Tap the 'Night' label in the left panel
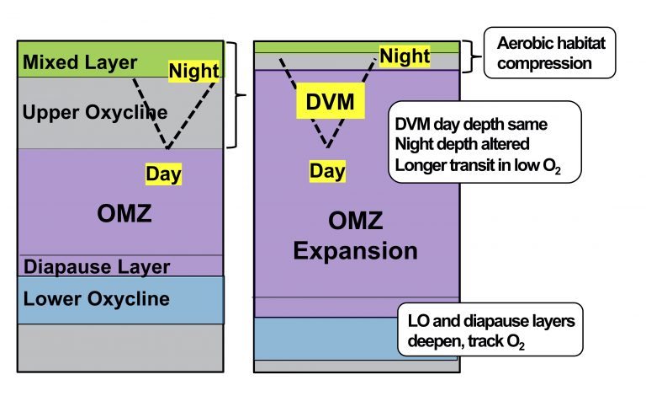pyautogui.click(x=194, y=70)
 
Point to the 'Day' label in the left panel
pyautogui.click(x=163, y=174)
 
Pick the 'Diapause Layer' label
pyautogui.click(x=96, y=267)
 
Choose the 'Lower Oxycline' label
pyautogui.click(x=96, y=299)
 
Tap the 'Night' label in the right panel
pyautogui.click(x=404, y=56)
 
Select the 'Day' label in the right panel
pyautogui.click(x=326, y=171)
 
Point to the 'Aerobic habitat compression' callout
pyautogui.click(x=551, y=52)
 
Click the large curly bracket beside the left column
pyautogui.click(x=238, y=94)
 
